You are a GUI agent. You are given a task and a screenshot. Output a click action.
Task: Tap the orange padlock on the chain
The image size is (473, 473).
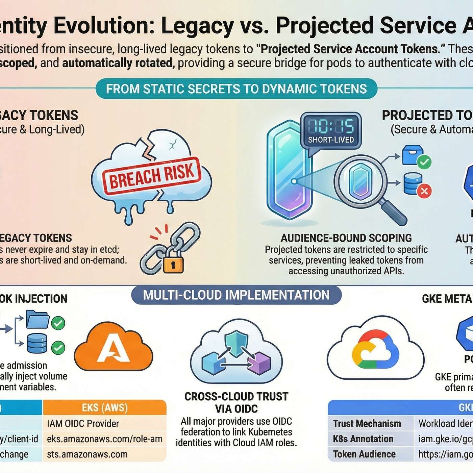pos(173,264)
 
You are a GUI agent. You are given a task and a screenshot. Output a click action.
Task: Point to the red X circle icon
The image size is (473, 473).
pos(424,191)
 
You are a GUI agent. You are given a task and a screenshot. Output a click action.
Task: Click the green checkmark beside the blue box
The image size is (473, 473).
pos(424,162)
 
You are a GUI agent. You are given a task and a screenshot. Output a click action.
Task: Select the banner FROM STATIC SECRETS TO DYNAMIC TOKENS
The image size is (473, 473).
pos(236,89)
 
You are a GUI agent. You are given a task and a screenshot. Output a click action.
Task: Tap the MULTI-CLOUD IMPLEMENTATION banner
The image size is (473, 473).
pos(236,295)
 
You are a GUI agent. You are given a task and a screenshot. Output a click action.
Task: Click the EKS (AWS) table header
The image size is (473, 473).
pos(105,408)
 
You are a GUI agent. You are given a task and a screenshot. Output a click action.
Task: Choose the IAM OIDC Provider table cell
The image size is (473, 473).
pos(83,424)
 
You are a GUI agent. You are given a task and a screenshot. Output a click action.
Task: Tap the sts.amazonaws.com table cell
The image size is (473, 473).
pos(87,454)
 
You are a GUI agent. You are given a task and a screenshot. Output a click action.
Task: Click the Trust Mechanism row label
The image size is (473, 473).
pos(367,424)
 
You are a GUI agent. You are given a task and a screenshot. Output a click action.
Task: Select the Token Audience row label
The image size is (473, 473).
pos(364,454)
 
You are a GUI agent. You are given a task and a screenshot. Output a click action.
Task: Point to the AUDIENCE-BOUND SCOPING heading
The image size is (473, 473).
pos(346,238)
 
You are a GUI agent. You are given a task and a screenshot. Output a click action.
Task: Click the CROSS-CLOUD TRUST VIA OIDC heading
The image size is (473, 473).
pos(236,402)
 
